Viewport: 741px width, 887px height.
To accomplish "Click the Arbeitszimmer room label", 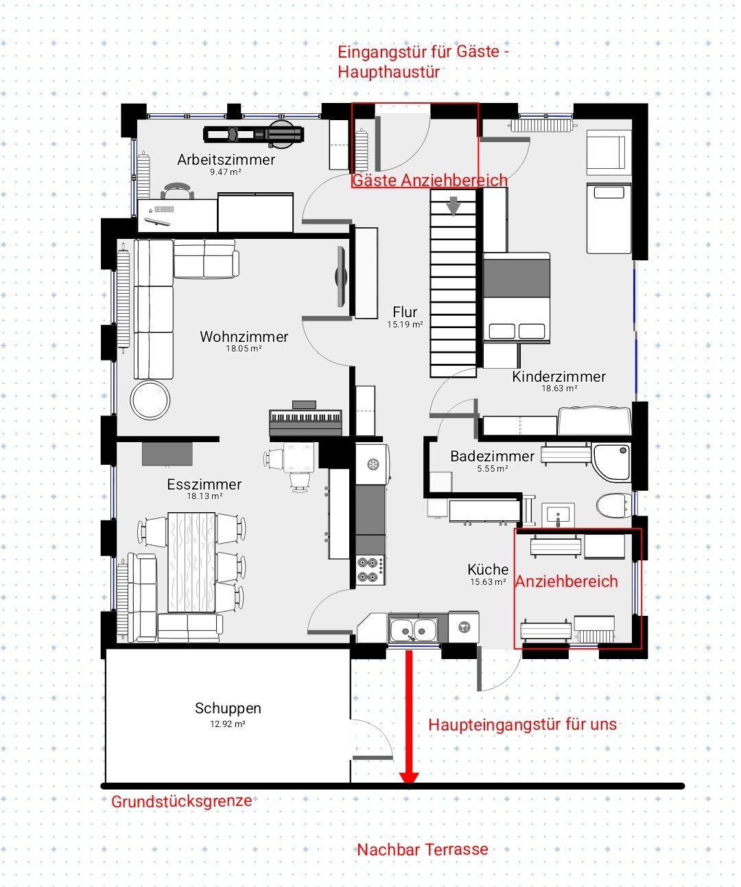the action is point(226,160).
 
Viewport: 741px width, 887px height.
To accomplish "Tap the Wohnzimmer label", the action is point(244,336).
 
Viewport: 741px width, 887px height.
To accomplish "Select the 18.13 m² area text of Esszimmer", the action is point(204,496).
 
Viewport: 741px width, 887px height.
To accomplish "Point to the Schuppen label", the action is point(228,708).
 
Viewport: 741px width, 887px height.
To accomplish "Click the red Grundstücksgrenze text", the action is point(181,802).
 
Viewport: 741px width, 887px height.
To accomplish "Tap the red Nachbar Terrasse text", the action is point(423,850).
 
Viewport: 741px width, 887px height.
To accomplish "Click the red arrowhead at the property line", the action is point(409,778).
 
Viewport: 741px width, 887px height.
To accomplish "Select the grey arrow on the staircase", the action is point(454,206).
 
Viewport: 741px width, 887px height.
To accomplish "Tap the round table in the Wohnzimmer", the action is point(150,400).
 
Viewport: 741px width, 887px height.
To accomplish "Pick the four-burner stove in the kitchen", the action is point(370,570).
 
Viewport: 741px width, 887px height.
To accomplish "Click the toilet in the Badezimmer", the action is point(614,506).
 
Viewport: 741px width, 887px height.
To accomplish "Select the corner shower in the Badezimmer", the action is point(612,462).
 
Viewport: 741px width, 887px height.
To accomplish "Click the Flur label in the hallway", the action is point(405,312).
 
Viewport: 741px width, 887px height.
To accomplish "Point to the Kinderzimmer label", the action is point(558,376).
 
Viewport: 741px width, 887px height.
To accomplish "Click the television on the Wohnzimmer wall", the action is point(341,277).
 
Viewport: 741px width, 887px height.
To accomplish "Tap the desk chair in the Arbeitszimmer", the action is point(178,191).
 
